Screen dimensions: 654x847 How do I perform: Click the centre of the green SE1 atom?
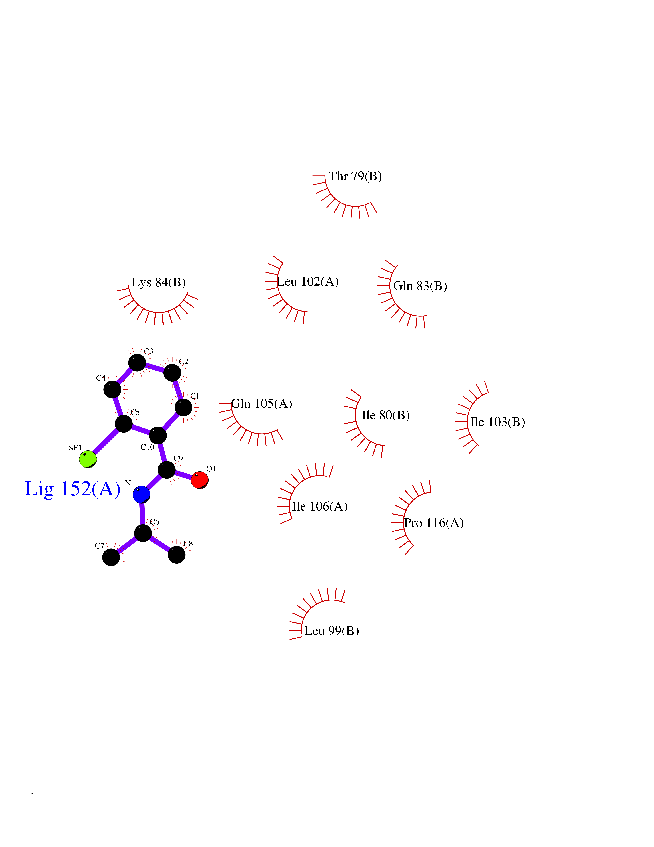(88, 459)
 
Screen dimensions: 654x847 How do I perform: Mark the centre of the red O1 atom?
(200, 480)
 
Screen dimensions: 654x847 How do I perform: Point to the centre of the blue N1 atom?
(141, 494)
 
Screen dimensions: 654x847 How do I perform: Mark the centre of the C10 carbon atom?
(158, 436)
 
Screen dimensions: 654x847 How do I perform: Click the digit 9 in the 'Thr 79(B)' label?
(360, 176)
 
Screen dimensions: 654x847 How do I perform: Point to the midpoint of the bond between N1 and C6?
(142, 514)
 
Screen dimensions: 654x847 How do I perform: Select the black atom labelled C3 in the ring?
(137, 363)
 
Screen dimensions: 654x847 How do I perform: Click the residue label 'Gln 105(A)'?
(261, 404)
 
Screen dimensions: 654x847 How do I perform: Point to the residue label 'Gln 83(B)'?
(420, 286)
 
